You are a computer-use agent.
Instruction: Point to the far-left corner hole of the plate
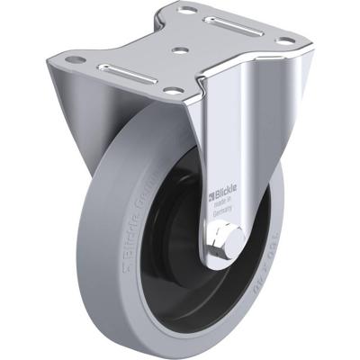pos(76,60)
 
